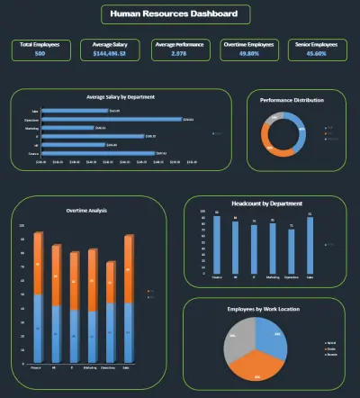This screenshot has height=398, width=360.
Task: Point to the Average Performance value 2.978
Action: [x=179, y=54]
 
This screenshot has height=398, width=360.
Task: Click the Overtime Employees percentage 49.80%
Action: [x=249, y=54]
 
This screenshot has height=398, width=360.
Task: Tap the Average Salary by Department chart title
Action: [x=121, y=96]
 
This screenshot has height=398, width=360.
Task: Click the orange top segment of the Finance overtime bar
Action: [x=38, y=263]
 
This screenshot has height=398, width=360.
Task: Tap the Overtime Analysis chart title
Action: [x=86, y=210]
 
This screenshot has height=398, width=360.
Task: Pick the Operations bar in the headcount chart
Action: [x=291, y=251]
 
